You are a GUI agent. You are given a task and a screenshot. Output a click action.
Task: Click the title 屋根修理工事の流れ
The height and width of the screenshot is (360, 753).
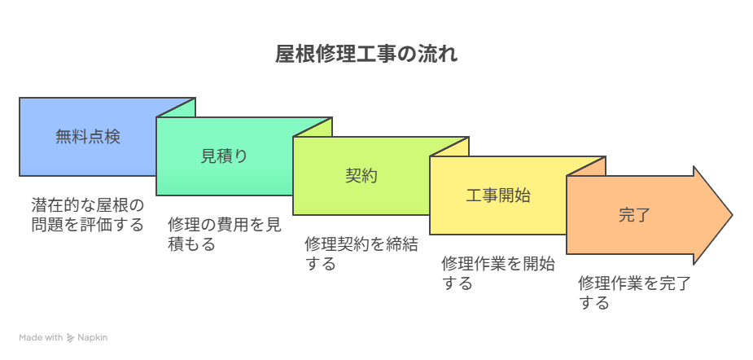366,55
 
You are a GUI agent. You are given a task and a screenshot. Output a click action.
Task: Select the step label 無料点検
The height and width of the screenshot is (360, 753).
88,137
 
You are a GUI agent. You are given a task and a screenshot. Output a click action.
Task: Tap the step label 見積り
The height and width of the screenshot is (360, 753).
224,156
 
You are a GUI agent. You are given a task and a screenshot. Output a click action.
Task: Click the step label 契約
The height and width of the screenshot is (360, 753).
361,176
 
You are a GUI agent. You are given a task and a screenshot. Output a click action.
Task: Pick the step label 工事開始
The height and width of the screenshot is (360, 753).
498,195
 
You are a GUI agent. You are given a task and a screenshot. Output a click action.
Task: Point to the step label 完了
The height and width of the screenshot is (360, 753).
634,215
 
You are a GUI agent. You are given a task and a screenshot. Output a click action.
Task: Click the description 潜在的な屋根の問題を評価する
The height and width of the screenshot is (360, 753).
88,215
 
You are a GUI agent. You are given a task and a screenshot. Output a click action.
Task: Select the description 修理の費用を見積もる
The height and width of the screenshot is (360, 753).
224,235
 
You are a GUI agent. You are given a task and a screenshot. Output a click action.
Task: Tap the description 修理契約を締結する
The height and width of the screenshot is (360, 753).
361,254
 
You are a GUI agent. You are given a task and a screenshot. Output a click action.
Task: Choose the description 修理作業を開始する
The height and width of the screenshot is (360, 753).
498,274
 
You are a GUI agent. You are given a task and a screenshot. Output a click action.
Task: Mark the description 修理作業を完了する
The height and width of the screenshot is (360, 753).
634,293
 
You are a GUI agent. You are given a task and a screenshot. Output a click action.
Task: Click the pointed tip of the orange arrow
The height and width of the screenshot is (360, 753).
733,215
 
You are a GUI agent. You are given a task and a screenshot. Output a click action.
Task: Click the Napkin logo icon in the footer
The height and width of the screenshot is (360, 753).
71,338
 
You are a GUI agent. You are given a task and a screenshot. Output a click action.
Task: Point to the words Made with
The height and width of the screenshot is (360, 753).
41,338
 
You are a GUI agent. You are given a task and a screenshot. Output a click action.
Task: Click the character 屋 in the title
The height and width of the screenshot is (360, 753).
285,55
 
